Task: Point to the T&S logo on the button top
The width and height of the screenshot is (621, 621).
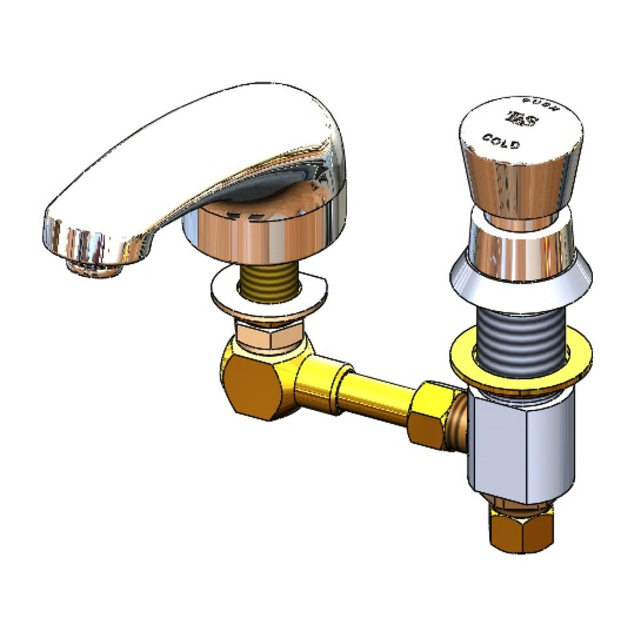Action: pos(522,120)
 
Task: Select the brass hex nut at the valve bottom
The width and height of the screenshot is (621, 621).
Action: pos(520,529)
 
